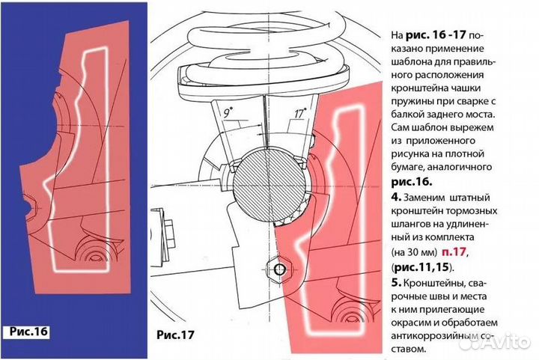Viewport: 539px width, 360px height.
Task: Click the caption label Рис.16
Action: click(x=29, y=332)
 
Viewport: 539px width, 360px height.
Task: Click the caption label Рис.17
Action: click(x=175, y=335)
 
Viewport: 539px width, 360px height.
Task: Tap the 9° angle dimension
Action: click(x=228, y=112)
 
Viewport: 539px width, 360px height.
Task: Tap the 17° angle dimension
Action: click(x=300, y=113)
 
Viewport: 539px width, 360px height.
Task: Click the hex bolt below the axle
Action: click(x=279, y=269)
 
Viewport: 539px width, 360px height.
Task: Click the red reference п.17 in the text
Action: click(x=454, y=251)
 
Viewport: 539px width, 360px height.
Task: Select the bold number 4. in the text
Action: click(x=396, y=197)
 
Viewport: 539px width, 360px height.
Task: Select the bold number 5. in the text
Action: click(x=396, y=283)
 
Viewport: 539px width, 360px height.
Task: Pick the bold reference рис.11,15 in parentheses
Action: click(x=421, y=267)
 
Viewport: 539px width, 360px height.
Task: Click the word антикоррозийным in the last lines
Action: click(x=430, y=335)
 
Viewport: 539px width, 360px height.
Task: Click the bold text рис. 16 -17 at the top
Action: click(x=436, y=34)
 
